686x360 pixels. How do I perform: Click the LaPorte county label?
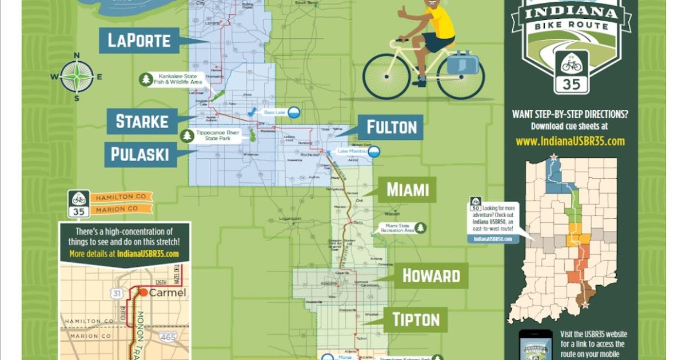point(139,40)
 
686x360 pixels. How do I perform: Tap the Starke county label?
point(142,121)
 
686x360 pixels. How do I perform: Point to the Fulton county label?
point(391,127)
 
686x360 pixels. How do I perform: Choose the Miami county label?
point(407,189)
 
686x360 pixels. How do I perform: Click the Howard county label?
point(431,275)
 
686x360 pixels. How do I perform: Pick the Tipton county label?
point(416,319)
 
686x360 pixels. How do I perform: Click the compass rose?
point(77,77)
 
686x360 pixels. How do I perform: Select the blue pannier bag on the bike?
point(462,62)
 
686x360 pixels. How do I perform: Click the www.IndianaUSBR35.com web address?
point(570,141)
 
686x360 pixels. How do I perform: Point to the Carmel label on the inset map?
point(167,293)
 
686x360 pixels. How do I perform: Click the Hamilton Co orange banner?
point(121,197)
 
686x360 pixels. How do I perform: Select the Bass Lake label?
point(275,113)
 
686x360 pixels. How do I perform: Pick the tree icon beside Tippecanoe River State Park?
point(187,136)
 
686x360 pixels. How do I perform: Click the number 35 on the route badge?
point(572,84)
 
